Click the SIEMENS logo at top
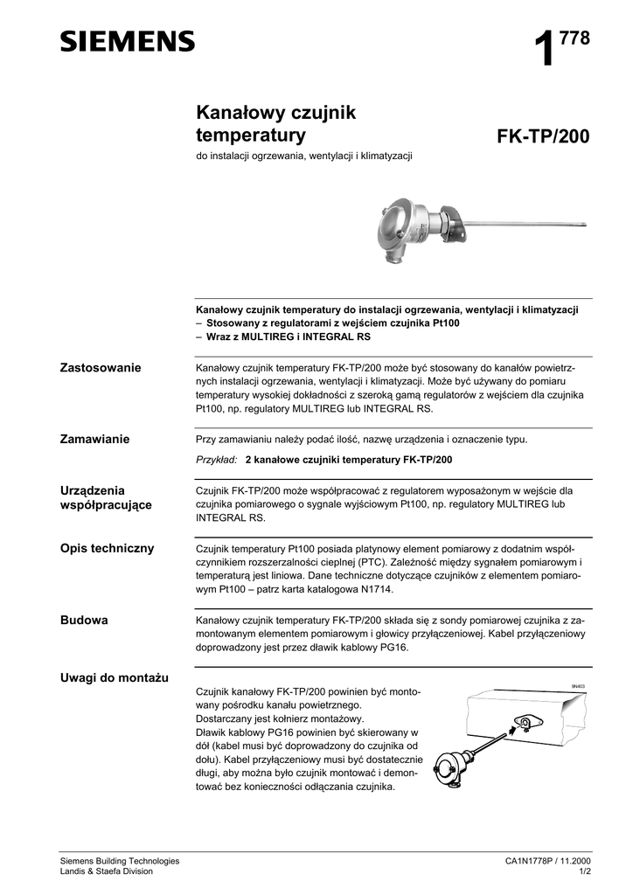(128, 40)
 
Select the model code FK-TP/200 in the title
(543, 137)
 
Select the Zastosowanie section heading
(100, 367)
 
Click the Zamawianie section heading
(94, 439)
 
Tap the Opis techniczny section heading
(107, 548)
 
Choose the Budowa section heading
(84, 620)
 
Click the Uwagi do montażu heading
(115, 677)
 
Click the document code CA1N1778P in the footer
(533, 861)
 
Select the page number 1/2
(583, 871)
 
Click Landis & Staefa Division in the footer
(106, 871)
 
